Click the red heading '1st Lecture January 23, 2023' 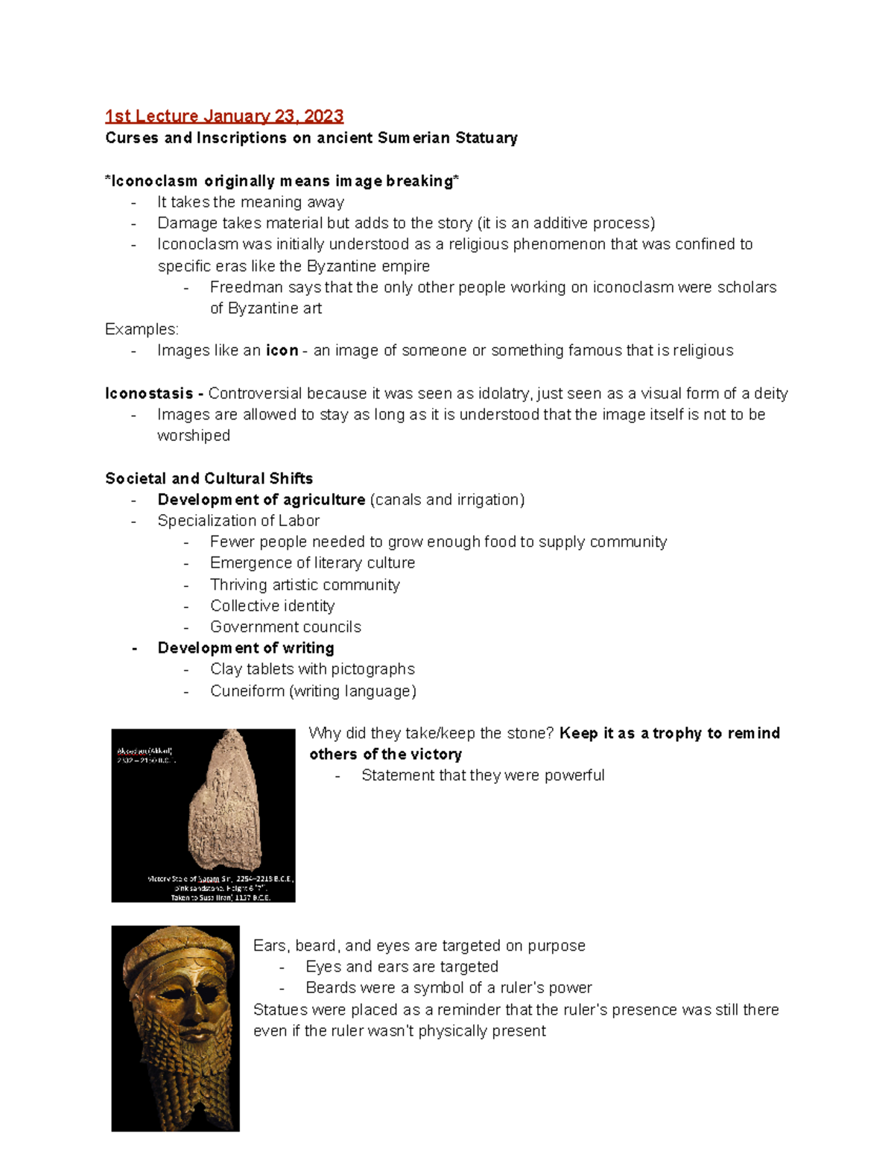point(223,116)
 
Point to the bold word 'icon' point(282,351)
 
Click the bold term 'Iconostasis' point(149,393)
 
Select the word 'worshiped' point(193,436)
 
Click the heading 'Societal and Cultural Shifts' point(209,478)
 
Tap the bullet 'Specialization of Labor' point(238,521)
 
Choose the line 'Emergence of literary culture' point(312,563)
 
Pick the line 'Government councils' point(285,627)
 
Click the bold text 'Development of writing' point(246,648)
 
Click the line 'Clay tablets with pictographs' point(312,669)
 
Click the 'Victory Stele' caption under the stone point(221,879)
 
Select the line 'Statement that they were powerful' point(483,776)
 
